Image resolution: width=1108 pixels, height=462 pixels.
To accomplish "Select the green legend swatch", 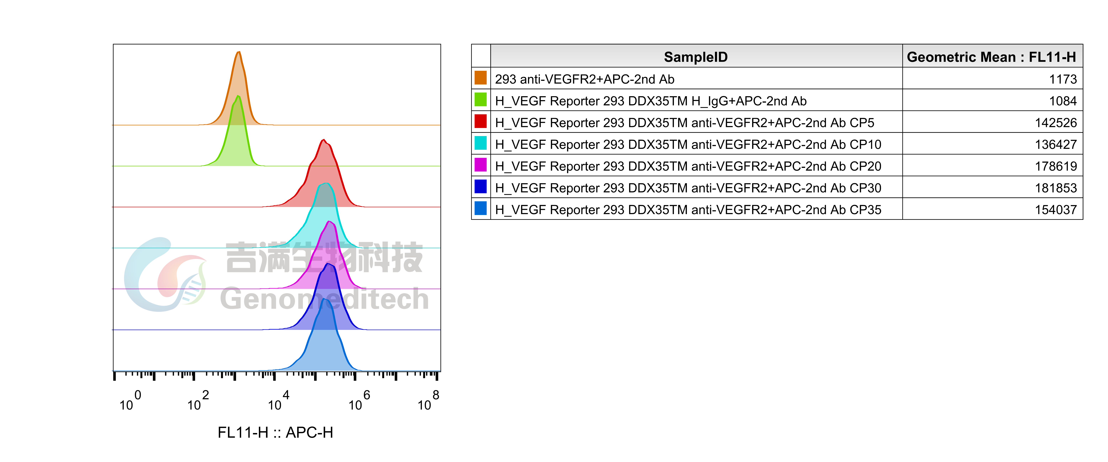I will click(x=480, y=99).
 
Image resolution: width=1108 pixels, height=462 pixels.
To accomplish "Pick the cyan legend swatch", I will click(x=480, y=143).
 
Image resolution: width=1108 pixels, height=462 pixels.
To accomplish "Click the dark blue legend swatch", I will click(x=480, y=186).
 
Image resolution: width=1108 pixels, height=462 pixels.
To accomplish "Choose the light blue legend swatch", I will click(x=480, y=208).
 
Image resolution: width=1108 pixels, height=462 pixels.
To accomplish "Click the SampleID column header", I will click(x=696, y=57).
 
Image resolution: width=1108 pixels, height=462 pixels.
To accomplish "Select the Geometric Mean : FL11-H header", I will click(x=991, y=57).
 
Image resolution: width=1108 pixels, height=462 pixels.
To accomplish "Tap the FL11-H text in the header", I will click(x=1052, y=57).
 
